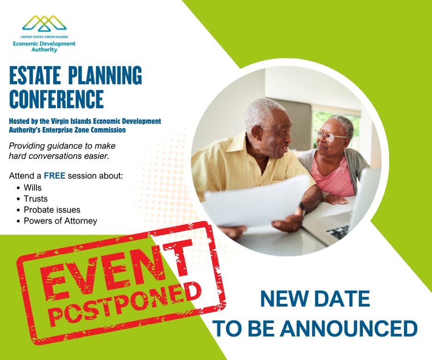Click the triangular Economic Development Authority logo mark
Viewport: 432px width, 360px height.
tap(44, 23)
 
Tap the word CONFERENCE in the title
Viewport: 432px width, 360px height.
tap(56, 98)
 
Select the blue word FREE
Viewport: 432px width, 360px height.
tap(54, 176)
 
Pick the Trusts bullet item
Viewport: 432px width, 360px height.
tap(36, 199)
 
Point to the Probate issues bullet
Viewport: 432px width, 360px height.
tap(52, 210)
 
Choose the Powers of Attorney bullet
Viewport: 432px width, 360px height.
tap(60, 221)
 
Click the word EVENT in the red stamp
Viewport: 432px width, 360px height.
tap(111, 271)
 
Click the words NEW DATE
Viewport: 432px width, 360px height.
tap(315, 300)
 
